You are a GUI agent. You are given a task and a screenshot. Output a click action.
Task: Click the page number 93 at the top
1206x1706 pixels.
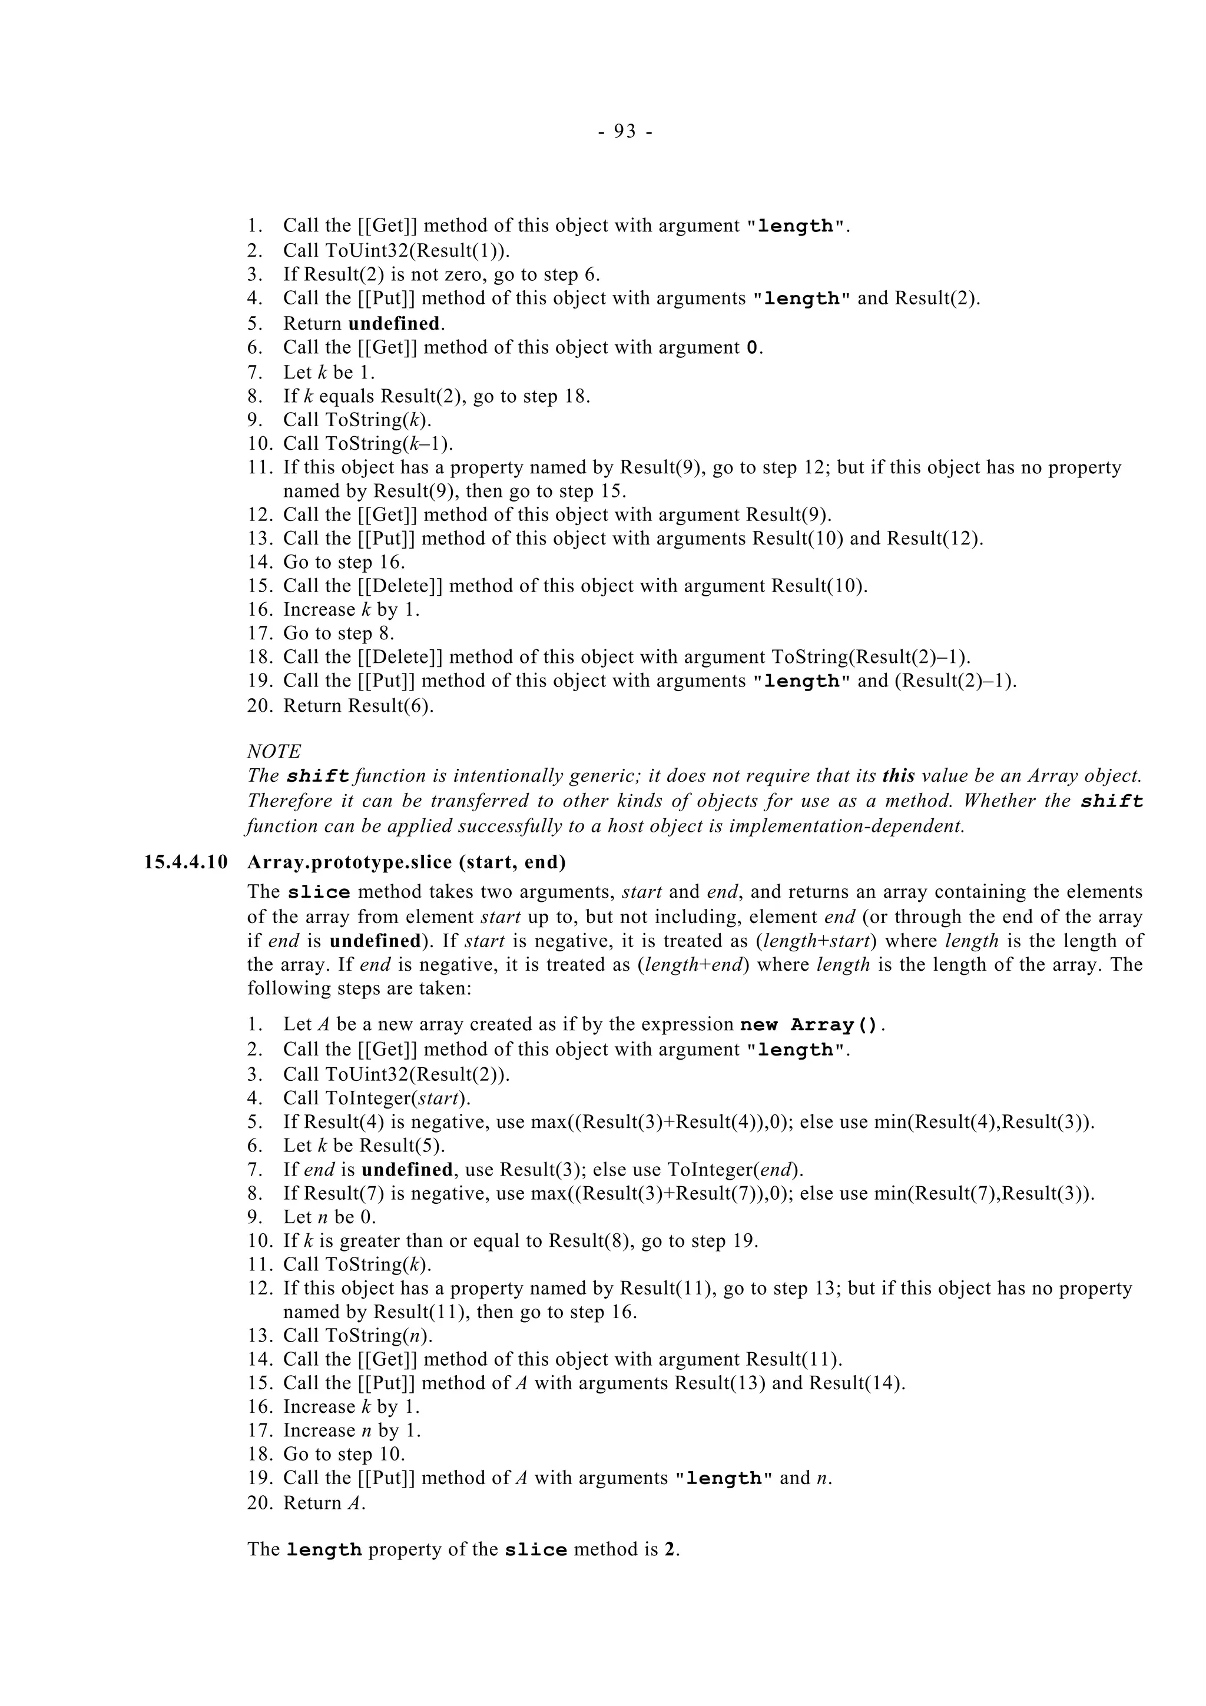pos(625,131)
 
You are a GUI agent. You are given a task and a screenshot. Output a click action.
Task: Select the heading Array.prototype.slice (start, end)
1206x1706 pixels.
pos(406,862)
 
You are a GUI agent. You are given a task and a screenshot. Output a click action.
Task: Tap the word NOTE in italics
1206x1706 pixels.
pos(273,751)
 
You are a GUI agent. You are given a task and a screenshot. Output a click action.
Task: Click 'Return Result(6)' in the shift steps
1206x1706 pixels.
pos(358,705)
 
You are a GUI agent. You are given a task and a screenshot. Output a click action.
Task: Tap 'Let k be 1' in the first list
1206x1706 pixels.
pos(329,371)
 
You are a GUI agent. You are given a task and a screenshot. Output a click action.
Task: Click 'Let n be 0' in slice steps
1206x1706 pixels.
pos(329,1216)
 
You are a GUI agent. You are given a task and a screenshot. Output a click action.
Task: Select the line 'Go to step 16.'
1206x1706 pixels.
pos(344,562)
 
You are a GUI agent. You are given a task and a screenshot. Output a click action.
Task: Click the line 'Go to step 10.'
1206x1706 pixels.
pos(344,1453)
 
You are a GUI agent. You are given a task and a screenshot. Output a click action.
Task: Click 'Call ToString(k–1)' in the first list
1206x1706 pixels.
pos(368,444)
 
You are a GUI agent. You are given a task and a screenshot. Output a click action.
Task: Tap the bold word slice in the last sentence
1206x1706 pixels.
pos(535,1550)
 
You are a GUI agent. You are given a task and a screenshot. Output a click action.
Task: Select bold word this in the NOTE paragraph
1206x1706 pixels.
pos(897,776)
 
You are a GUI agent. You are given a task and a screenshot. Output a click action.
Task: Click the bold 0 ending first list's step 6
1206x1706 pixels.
pos(752,348)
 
